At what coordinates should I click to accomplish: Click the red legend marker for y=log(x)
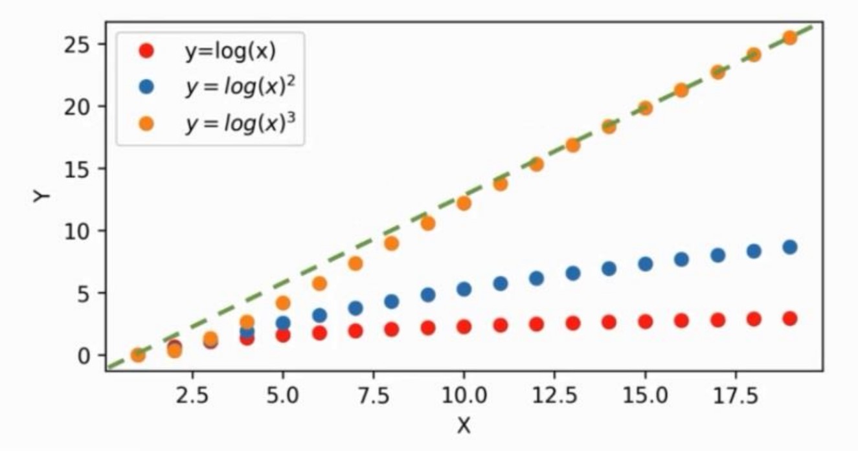click(147, 51)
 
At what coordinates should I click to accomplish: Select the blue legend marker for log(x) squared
click(147, 87)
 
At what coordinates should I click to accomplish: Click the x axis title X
click(463, 426)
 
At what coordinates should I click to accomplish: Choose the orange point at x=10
click(464, 203)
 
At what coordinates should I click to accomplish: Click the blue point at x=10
click(464, 289)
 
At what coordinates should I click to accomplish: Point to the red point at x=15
click(645, 322)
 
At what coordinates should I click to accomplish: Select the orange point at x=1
click(137, 355)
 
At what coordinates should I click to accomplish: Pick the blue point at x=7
click(355, 308)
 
